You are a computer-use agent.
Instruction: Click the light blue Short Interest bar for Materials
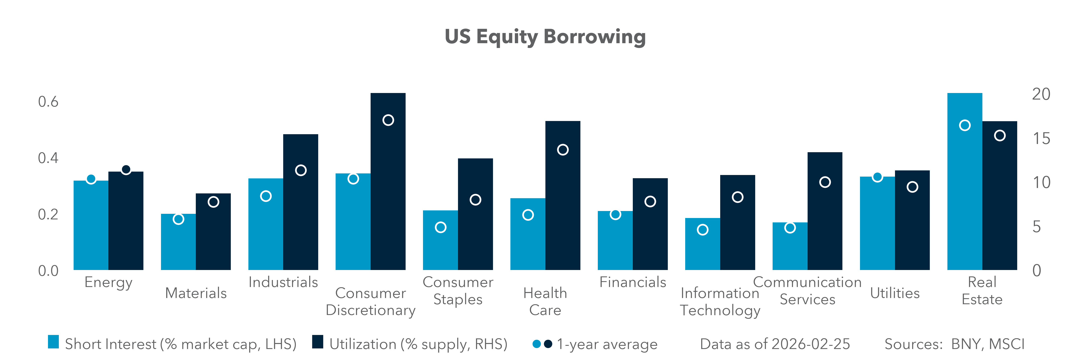[178, 247]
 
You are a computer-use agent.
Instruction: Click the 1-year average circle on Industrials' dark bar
[301, 170]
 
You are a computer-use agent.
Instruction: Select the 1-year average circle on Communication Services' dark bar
[825, 182]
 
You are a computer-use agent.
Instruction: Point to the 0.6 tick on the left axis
[48, 102]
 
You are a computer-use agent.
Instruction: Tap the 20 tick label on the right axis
[1041, 94]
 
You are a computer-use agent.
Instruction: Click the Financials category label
[633, 282]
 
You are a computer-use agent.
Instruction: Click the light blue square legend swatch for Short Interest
[53, 342]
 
